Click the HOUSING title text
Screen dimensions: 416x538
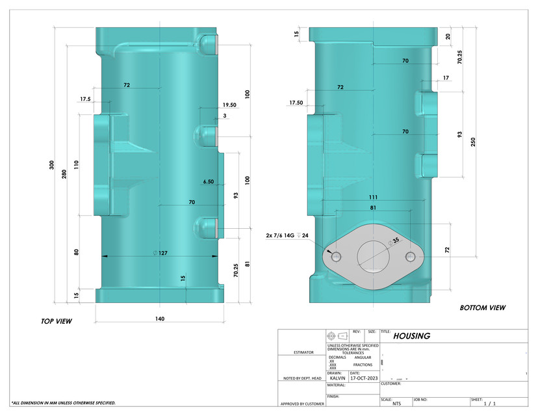pos(413,336)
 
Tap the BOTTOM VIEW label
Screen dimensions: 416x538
pos(482,307)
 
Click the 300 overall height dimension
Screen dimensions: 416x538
pos(52,165)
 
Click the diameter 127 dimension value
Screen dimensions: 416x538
pos(160,253)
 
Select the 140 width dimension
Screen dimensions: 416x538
pos(160,318)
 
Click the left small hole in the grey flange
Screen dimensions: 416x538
pos(337,255)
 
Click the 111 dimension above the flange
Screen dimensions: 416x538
pos(372,197)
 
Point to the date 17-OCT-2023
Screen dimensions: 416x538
pos(364,378)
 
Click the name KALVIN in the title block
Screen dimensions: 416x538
pos(338,378)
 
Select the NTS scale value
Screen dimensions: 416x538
pos(396,404)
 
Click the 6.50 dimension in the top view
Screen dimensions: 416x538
pos(208,182)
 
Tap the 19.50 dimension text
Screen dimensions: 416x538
pos(229,105)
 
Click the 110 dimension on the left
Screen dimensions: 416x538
pos(77,165)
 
